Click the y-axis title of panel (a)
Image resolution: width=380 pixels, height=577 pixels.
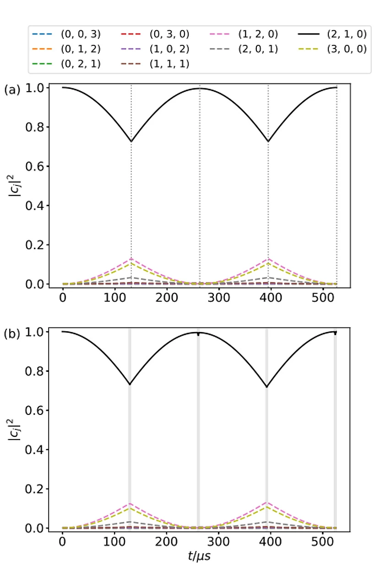[15, 185]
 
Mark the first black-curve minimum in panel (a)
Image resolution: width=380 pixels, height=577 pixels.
[131, 142]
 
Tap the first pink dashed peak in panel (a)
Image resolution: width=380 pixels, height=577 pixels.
[131, 259]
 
